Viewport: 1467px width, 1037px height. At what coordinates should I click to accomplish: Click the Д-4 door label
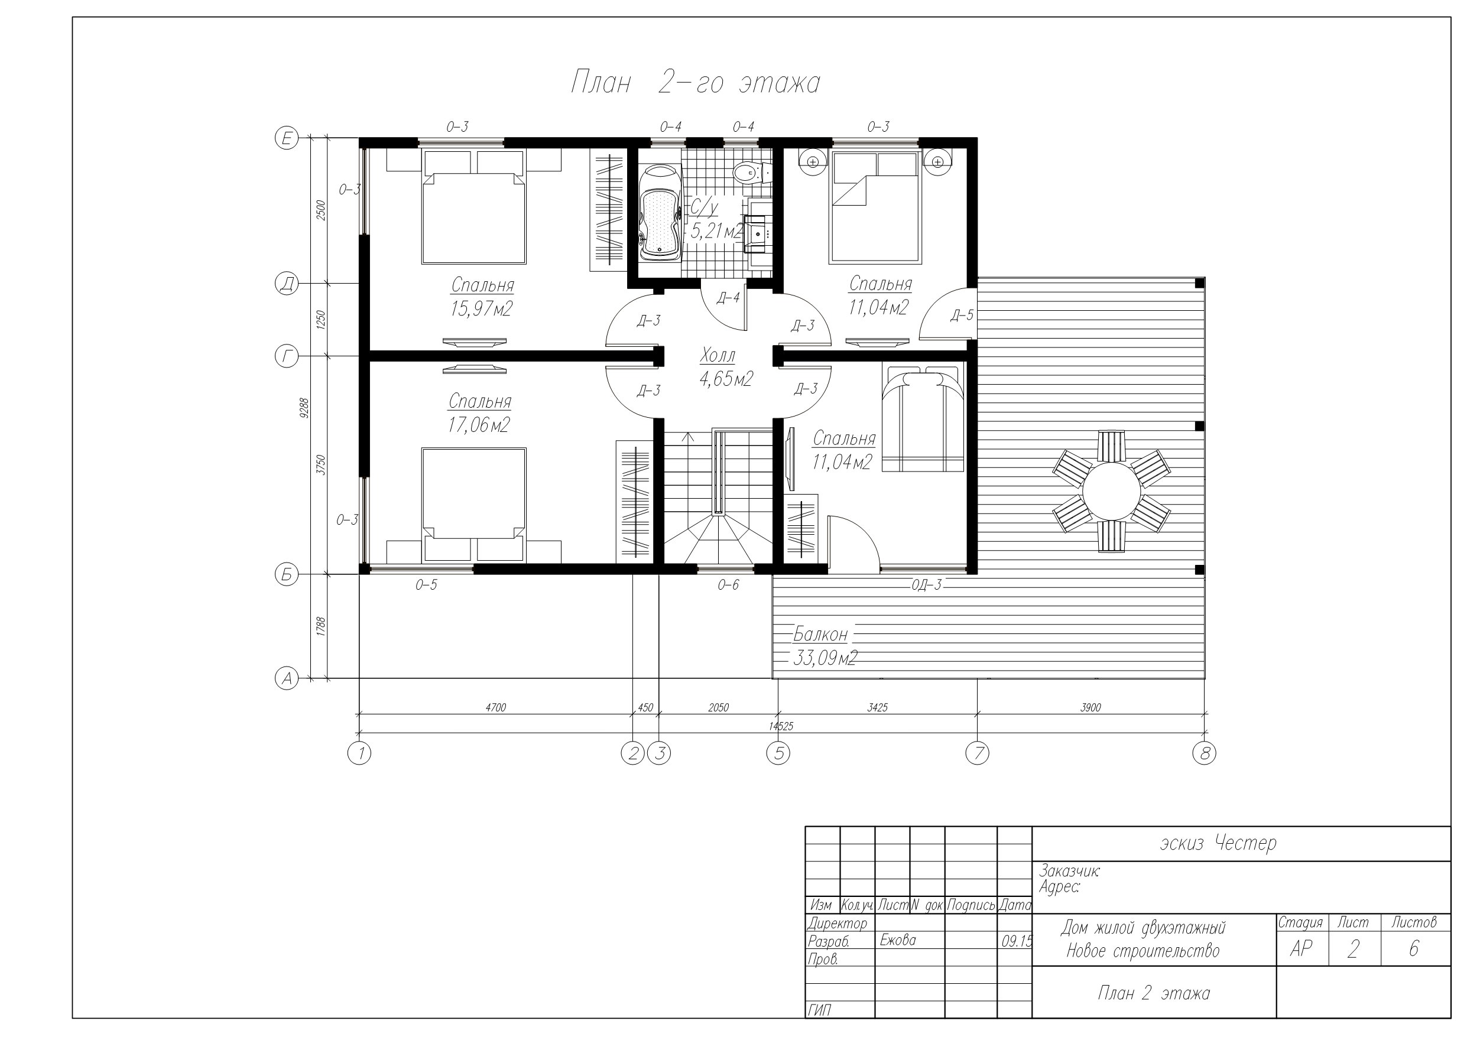pyautogui.click(x=728, y=298)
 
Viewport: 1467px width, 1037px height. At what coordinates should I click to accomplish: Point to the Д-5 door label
pyautogui.click(x=962, y=315)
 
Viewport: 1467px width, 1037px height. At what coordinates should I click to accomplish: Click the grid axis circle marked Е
pyautogui.click(x=287, y=138)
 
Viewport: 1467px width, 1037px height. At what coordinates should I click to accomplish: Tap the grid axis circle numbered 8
pyautogui.click(x=1205, y=754)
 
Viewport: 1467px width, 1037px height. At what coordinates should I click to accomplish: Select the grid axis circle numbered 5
pyautogui.click(x=778, y=754)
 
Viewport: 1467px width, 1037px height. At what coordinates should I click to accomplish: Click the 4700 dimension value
pyautogui.click(x=496, y=707)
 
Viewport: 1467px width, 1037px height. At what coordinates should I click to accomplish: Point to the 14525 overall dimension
pyautogui.click(x=781, y=726)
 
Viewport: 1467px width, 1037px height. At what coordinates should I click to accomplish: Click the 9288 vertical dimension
pyautogui.click(x=304, y=408)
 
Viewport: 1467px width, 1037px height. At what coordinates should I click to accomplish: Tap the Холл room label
pyautogui.click(x=718, y=355)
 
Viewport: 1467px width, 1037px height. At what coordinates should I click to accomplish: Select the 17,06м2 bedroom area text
pyautogui.click(x=479, y=425)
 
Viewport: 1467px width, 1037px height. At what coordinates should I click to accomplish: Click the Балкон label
pyautogui.click(x=820, y=635)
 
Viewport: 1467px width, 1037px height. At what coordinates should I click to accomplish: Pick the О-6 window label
pyautogui.click(x=728, y=584)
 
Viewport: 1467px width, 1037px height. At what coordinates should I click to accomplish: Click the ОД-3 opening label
pyautogui.click(x=926, y=584)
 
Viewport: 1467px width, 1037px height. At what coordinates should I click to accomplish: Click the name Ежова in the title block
pyautogui.click(x=898, y=940)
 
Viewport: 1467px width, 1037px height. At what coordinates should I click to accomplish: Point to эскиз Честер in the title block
pyautogui.click(x=1218, y=843)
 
